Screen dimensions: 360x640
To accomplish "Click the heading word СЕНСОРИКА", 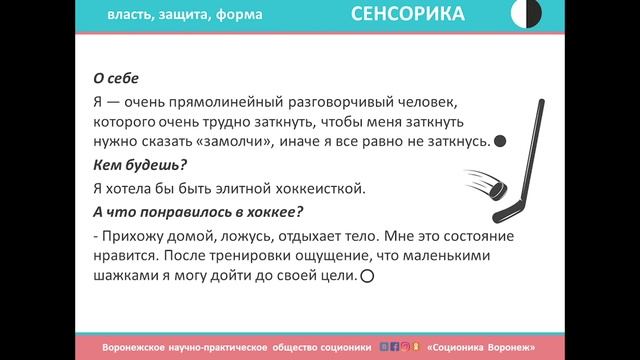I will [x=407, y=14].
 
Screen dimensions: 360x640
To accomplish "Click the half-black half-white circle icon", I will [x=526, y=13].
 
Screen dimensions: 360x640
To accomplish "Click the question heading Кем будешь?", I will [x=118, y=164].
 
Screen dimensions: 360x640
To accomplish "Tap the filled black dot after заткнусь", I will [x=501, y=142].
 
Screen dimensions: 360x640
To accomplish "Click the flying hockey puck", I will [x=487, y=186].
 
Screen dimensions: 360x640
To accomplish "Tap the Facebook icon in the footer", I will [x=394, y=347].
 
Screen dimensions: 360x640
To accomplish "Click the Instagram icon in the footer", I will [x=405, y=347].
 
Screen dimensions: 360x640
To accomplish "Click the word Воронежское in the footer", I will [x=140, y=347].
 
